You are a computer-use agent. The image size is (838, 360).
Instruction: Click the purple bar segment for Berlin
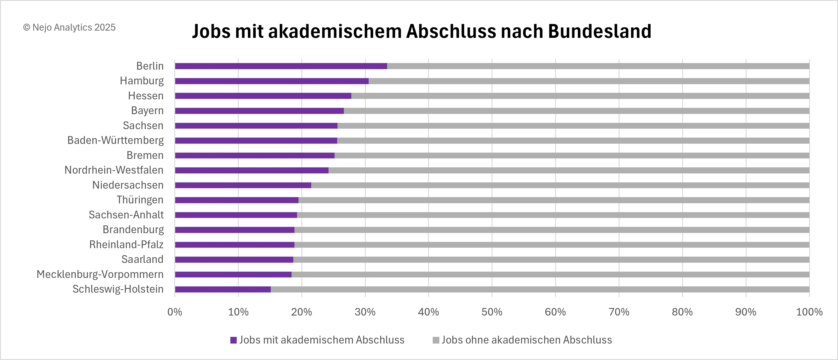281,66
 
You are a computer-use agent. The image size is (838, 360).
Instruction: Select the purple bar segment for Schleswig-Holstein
223,290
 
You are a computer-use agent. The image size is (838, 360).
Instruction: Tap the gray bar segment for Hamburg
589,81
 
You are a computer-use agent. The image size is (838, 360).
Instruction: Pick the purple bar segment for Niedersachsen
243,185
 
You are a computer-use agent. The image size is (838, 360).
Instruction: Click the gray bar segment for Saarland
551,260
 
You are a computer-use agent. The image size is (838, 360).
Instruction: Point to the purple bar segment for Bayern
259,111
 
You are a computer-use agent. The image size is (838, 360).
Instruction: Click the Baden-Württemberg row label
115,140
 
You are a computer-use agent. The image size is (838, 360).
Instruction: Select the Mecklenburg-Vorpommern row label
100,274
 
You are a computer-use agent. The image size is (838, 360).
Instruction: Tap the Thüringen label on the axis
140,200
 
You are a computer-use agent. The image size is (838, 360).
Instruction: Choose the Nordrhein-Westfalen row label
114,170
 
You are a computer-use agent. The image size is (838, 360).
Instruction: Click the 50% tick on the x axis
492,312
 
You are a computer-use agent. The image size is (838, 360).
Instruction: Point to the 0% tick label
175,312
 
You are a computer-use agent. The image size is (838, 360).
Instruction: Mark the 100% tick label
809,312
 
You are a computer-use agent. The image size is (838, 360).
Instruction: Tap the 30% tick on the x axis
365,312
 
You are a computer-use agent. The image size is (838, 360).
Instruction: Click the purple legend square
233,340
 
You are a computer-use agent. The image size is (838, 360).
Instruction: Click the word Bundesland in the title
600,31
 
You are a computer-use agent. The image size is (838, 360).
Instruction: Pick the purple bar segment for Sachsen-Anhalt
236,215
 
